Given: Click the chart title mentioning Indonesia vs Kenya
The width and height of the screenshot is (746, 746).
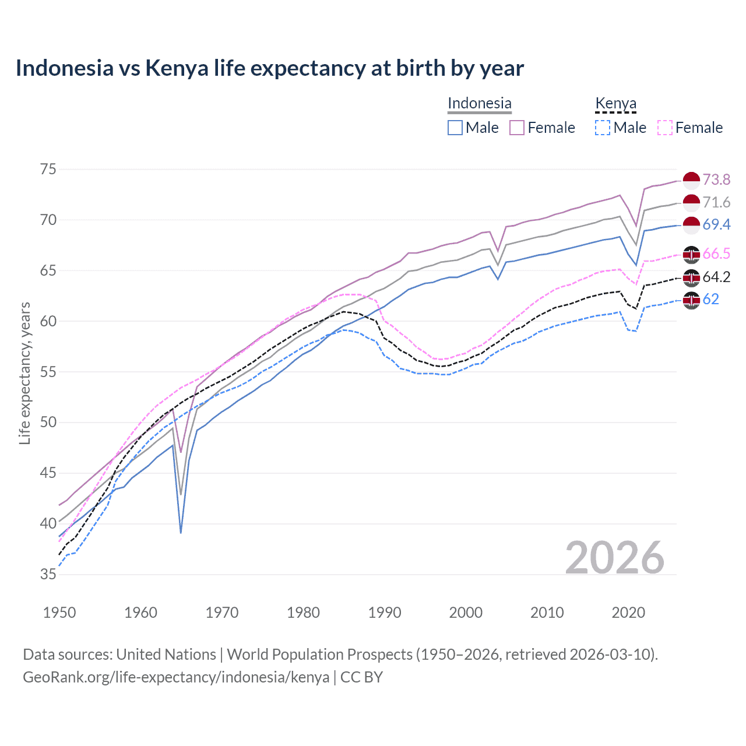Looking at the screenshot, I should coord(269,68).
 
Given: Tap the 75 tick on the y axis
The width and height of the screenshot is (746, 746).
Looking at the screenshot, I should coord(48,170).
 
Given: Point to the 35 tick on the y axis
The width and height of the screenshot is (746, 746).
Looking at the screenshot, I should coord(48,574).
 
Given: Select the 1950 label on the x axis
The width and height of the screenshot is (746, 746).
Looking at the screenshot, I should coord(59,613).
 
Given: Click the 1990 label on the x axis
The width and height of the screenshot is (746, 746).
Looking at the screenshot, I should coord(385,613).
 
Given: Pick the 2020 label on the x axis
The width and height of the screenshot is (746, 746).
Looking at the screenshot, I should coord(628,613).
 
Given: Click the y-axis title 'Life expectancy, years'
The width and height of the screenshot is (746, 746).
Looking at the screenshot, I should coord(25,373).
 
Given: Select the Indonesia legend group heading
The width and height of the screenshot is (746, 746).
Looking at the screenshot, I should coord(479,103).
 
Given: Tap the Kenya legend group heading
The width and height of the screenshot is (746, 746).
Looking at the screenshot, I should coord(615,103).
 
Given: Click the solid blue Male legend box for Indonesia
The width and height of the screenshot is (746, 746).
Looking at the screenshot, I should coord(455,128).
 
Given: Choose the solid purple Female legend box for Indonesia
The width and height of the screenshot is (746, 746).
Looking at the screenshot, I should coord(517,128).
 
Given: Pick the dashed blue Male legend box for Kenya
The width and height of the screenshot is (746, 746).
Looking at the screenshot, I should coord(603,128).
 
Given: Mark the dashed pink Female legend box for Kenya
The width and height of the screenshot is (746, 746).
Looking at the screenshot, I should coord(665,128).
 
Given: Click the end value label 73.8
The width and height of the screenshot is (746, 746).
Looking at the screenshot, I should coord(716,180).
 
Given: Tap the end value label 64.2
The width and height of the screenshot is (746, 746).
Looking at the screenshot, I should coord(716,277).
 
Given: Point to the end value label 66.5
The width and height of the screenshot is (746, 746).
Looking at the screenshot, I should coord(716,254).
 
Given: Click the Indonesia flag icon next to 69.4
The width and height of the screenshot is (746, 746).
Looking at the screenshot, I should coord(691,224).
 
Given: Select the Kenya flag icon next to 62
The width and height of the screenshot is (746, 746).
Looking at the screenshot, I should coord(691,300).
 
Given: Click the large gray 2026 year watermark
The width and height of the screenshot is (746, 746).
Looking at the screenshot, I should coord(615,558).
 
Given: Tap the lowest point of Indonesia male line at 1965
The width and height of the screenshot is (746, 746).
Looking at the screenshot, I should coord(181,532).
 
